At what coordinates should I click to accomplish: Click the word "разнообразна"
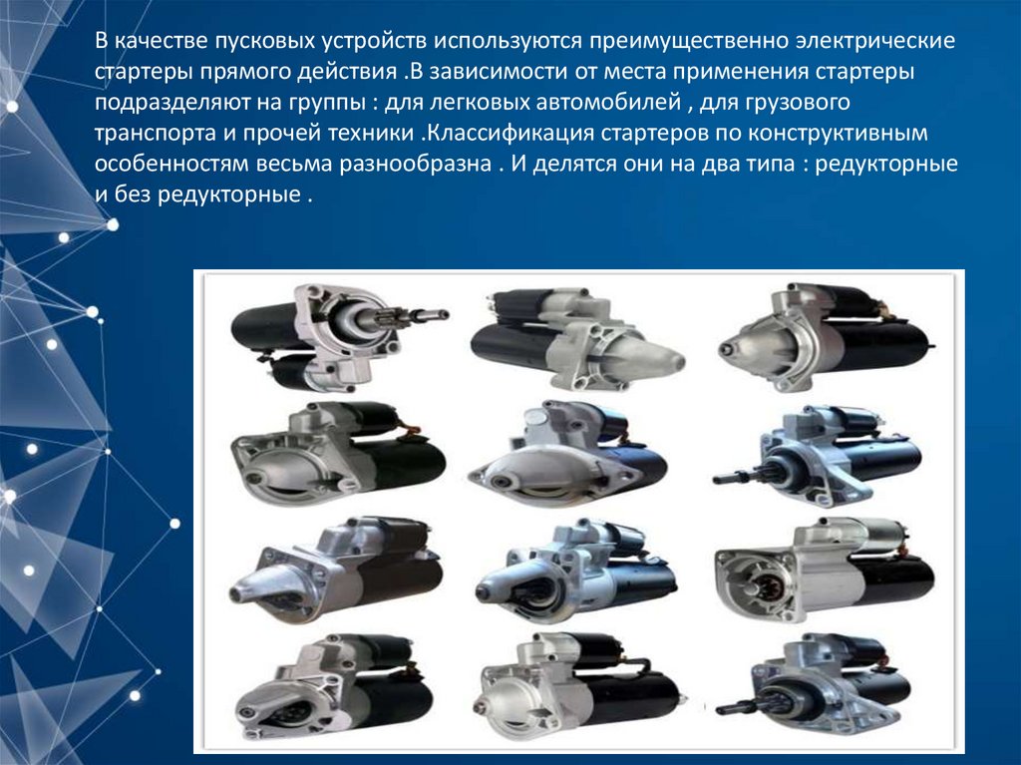point(416,164)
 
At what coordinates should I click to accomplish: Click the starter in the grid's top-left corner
point(339,337)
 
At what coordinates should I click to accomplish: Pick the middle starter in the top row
point(577,339)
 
